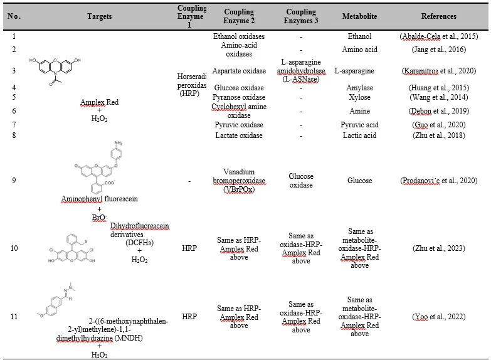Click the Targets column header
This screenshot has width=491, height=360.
(90, 16)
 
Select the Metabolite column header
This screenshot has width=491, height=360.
(360, 16)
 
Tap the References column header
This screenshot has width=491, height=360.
(439, 16)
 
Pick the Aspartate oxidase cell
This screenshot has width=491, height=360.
(238, 70)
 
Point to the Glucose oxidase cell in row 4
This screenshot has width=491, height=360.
(238, 88)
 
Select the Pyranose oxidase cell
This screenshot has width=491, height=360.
(238, 97)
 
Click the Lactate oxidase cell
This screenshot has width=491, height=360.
(238, 135)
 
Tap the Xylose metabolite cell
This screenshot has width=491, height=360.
(360, 97)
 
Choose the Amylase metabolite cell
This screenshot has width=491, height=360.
(360, 88)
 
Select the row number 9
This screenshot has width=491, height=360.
(14, 181)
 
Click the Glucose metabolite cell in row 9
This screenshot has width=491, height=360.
(360, 181)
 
